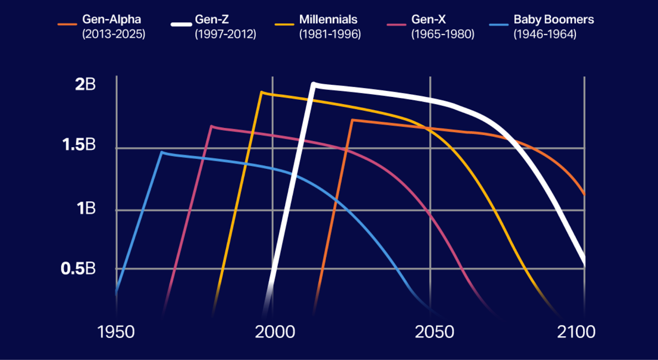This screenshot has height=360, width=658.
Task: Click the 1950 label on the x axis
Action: tap(116, 332)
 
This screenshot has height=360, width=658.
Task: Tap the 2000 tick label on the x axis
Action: tap(275, 332)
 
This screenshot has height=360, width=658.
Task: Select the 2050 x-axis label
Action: tap(434, 332)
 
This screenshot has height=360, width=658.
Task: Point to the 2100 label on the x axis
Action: tap(576, 332)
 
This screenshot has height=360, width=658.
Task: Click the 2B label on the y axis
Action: tap(85, 84)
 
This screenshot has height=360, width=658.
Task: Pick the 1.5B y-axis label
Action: tap(79, 145)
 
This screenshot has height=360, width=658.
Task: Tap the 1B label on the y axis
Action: tap(86, 208)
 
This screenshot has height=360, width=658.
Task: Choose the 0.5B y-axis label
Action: tap(78, 268)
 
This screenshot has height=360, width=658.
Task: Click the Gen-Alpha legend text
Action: tap(111, 19)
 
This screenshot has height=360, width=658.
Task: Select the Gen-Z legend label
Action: tap(212, 19)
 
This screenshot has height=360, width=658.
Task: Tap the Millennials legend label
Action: tap(328, 19)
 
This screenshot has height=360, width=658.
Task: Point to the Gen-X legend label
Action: tap(429, 19)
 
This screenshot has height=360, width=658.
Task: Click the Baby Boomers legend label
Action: tap(554, 19)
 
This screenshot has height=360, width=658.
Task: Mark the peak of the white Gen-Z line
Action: tap(313, 84)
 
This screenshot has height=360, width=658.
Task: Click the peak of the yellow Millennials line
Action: tap(262, 92)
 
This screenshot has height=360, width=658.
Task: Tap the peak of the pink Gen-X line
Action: tap(212, 127)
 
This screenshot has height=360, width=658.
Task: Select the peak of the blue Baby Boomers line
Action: tap(162, 152)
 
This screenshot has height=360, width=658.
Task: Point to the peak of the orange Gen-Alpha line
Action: tap(353, 120)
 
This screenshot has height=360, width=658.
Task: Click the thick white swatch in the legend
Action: tap(181, 24)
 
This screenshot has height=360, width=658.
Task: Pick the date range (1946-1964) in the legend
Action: tap(544, 34)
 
